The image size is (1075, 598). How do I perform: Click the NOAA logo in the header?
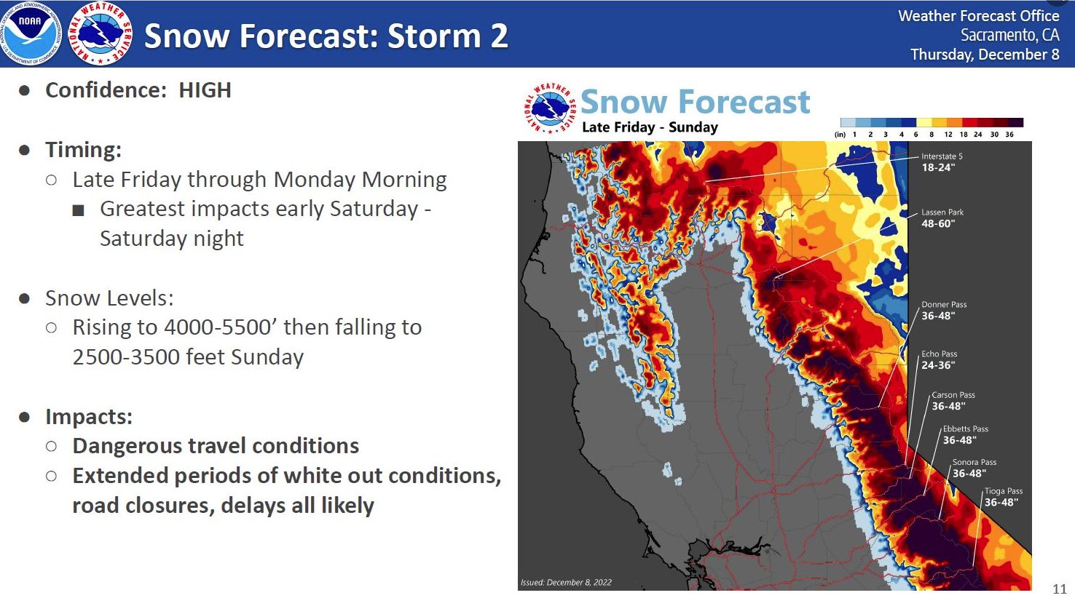tap(31, 33)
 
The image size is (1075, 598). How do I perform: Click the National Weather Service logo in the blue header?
tap(101, 33)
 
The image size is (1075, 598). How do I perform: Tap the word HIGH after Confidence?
tap(205, 90)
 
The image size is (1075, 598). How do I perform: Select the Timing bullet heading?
tap(83, 150)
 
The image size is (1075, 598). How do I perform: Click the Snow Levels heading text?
tap(109, 298)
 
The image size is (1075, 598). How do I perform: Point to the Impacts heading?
tap(89, 417)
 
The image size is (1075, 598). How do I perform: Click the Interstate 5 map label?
tap(942, 156)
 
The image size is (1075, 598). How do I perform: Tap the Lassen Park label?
tap(942, 212)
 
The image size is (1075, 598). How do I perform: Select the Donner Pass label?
tap(944, 305)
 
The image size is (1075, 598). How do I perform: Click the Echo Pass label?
tap(940, 354)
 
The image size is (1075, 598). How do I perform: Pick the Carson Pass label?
tap(953, 395)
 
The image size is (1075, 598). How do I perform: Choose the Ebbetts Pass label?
tap(966, 429)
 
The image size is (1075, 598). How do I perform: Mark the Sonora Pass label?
tap(974, 462)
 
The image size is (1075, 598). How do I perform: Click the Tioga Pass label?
tap(1004, 491)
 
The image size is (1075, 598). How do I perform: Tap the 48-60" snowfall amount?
tap(938, 223)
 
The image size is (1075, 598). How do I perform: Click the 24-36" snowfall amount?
tap(938, 365)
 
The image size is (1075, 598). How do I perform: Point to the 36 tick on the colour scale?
tap(1009, 135)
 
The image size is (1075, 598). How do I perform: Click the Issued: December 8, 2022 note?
tap(567, 583)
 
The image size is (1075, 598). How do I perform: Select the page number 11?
tap(1060, 589)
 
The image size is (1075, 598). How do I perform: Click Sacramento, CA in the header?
tap(1009, 35)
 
